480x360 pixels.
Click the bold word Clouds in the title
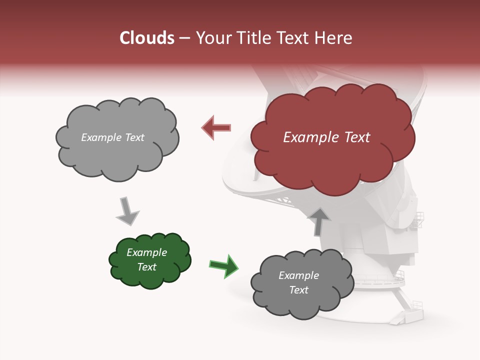pos(147,38)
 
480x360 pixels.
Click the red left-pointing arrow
pos(216,128)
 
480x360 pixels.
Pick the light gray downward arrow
pos(127,212)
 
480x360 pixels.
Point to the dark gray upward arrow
pos(319,220)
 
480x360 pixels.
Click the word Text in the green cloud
pos(147,267)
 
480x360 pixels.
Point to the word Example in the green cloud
pos(147,252)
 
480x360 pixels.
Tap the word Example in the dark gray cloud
pos(298,275)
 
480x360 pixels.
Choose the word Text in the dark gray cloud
pos(298,290)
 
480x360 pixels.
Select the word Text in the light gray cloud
pos(134,137)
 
